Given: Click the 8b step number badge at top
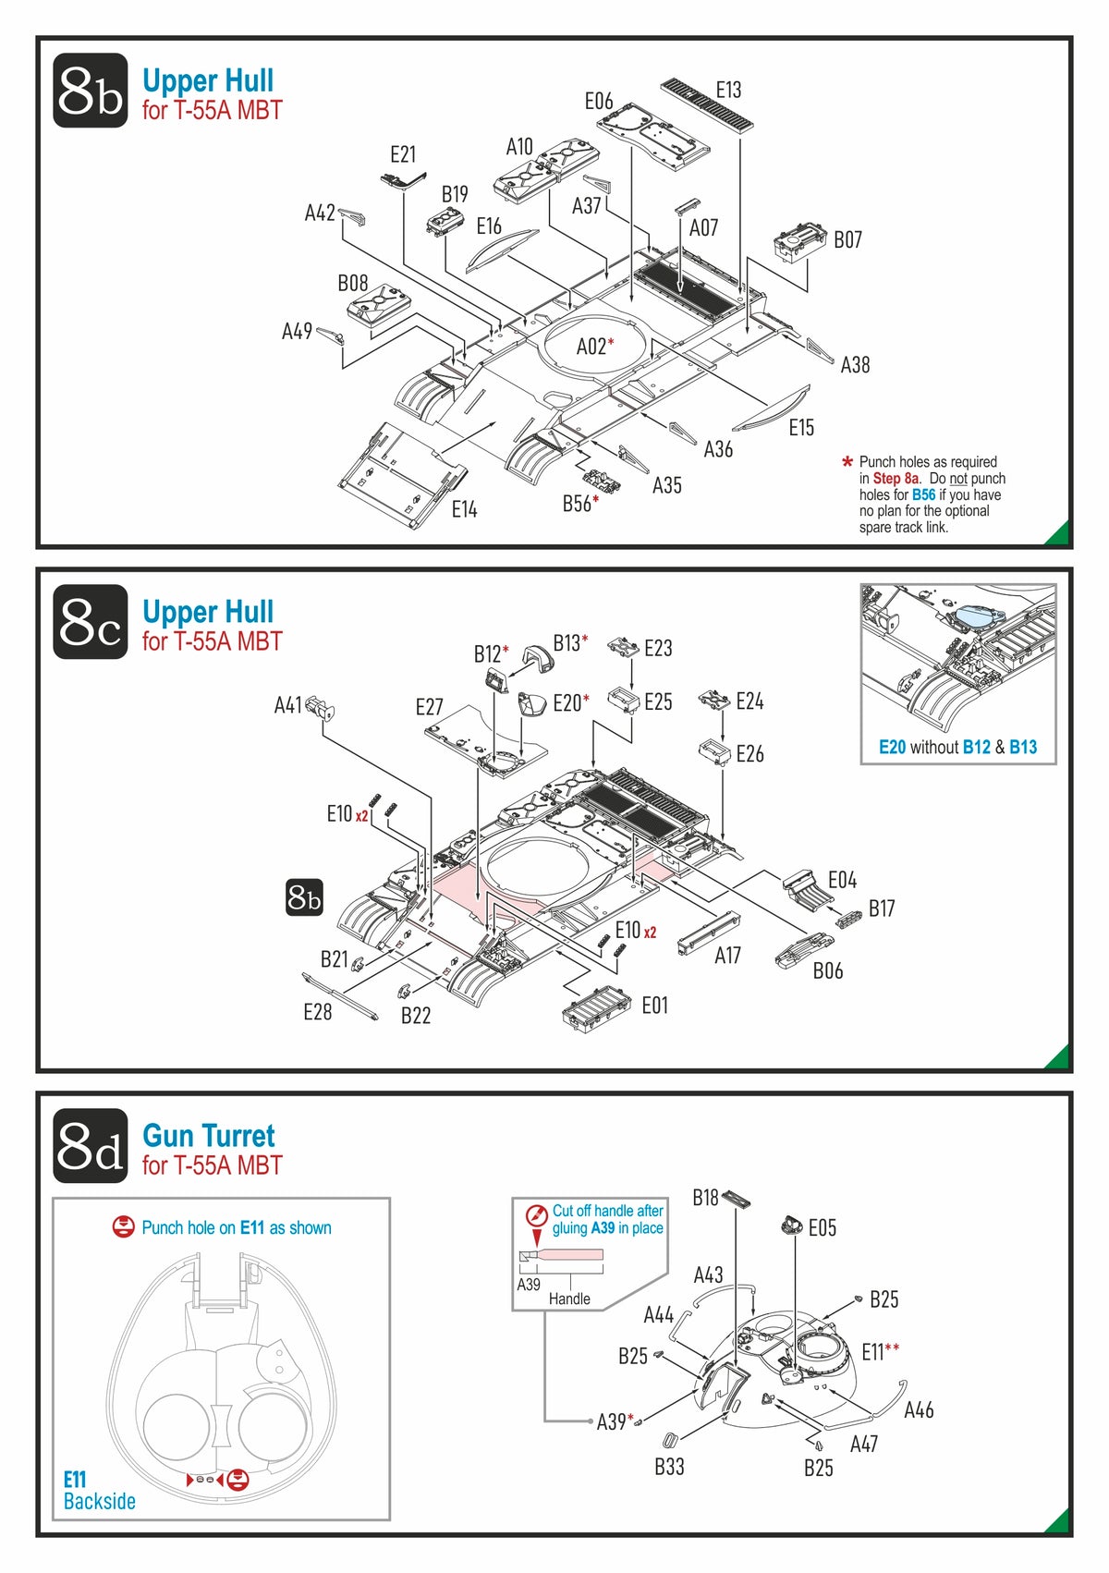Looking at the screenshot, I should [90, 91].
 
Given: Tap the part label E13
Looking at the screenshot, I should [728, 90].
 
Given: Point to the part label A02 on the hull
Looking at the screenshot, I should [594, 347].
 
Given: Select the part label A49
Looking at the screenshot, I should [297, 331].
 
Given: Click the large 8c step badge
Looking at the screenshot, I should [90, 622].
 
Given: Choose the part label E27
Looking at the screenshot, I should [429, 708].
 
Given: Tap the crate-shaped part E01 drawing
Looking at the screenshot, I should [596, 1006].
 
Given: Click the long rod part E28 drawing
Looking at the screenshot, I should [339, 994].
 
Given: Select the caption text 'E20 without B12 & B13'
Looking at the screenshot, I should [957, 748].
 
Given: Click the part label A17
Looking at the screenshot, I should [727, 956].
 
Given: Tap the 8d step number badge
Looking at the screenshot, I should [90, 1146].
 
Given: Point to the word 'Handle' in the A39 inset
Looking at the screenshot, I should [569, 1299].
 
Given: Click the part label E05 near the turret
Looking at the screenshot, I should [822, 1228].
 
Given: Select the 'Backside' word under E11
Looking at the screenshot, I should [100, 1502].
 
